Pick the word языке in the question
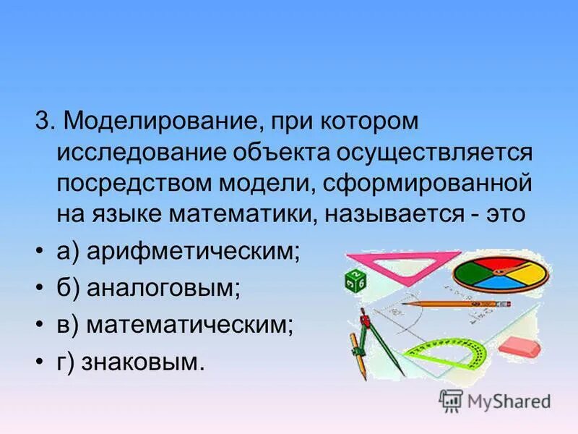tap(131, 215)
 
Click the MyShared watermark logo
tap(496, 400)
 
